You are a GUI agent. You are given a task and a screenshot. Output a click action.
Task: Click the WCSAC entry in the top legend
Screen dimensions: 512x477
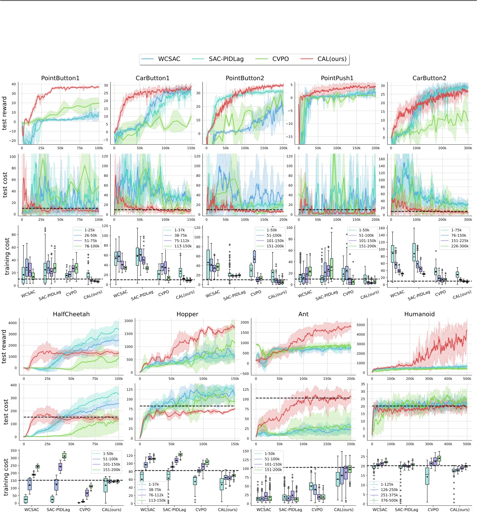click(x=169, y=59)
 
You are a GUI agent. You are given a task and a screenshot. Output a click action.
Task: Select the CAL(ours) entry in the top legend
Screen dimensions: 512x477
click(x=332, y=59)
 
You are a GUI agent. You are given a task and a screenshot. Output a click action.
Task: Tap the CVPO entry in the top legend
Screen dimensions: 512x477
click(x=280, y=59)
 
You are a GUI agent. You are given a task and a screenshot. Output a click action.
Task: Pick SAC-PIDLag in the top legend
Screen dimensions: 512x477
click(x=226, y=59)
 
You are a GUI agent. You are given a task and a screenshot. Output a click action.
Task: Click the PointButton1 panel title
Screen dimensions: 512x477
click(x=60, y=78)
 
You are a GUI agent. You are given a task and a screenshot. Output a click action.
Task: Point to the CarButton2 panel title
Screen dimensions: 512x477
click(x=429, y=78)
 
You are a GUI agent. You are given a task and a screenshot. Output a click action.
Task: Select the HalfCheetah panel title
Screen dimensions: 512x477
click(x=71, y=314)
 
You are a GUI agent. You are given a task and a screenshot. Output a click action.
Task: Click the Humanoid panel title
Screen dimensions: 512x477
click(x=419, y=314)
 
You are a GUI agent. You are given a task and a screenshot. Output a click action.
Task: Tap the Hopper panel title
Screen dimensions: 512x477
click(x=187, y=314)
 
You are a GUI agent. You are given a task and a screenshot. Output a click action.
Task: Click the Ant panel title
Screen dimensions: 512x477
click(x=303, y=314)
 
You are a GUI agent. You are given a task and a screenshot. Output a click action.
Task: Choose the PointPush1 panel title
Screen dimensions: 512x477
click(x=337, y=78)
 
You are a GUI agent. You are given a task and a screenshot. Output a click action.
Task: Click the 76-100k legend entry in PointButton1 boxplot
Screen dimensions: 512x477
click(x=92, y=246)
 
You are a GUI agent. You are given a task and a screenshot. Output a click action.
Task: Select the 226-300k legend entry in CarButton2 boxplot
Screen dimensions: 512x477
click(x=460, y=246)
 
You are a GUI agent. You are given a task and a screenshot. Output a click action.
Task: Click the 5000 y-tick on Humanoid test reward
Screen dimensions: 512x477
click(x=361, y=325)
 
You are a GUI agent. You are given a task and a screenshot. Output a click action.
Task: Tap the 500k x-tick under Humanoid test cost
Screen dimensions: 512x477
click(x=467, y=444)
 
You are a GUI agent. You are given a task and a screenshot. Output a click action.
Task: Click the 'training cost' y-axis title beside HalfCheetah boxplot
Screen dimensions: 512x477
click(x=6, y=477)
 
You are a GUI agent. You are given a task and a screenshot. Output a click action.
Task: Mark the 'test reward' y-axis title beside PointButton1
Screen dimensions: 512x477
click(x=5, y=113)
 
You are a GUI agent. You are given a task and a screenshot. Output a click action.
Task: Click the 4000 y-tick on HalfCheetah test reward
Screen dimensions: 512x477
click(x=12, y=323)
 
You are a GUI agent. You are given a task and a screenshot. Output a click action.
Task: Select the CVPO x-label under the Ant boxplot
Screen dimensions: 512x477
click(x=317, y=510)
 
